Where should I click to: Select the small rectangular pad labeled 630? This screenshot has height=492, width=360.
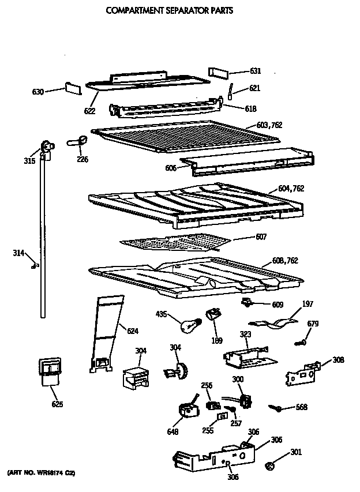pyautogui.click(x=73, y=88)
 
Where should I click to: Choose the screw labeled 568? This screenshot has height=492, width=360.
pyautogui.click(x=277, y=408)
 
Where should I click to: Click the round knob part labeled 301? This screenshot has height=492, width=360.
pyautogui.click(x=268, y=464)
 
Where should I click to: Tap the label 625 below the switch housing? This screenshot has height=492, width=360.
pyautogui.click(x=57, y=404)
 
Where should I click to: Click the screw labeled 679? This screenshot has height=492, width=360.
pyautogui.click(x=299, y=343)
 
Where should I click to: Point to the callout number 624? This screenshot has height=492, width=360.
pyautogui.click(x=132, y=330)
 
